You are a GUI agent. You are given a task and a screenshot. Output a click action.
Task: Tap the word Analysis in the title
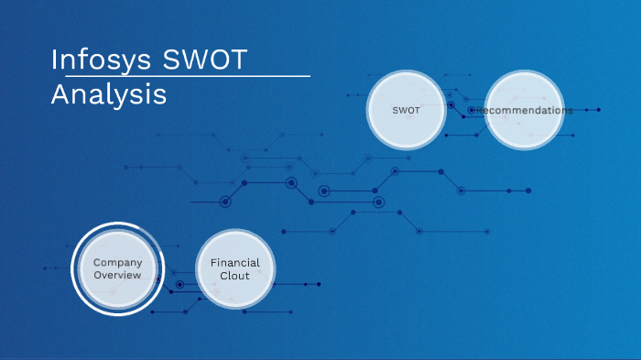(x=109, y=94)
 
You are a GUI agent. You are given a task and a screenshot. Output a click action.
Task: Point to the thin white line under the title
(x=183, y=76)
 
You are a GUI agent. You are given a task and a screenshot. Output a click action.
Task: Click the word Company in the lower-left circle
(x=117, y=263)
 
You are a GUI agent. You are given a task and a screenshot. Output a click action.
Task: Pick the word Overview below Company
(x=117, y=275)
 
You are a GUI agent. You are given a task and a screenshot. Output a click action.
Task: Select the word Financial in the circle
(x=235, y=263)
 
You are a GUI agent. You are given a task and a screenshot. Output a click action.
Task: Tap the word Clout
(x=235, y=276)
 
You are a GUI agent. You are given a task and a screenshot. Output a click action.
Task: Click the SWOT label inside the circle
(x=407, y=110)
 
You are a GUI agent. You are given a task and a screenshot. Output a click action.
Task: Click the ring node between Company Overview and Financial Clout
(x=179, y=284)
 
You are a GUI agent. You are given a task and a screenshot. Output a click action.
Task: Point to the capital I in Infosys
(x=55, y=59)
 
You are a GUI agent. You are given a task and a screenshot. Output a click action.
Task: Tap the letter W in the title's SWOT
(x=199, y=59)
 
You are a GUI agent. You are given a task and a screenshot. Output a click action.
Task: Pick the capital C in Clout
(x=223, y=276)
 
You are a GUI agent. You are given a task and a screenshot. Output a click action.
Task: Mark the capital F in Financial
(x=213, y=263)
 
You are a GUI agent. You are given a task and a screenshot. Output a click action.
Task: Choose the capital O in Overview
(x=97, y=275)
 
